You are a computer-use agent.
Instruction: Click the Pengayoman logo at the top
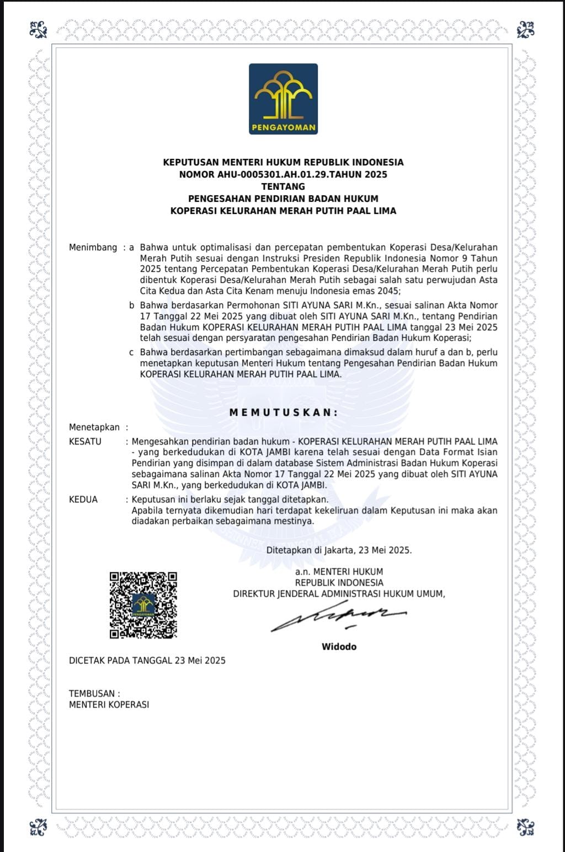283,99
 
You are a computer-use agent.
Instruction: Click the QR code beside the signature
143,605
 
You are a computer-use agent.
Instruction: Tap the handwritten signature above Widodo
338,619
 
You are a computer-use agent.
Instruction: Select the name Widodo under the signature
339,646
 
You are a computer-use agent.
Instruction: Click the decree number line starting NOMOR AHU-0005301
283,174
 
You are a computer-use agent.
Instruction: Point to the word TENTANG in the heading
283,186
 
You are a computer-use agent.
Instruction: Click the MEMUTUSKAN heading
283,412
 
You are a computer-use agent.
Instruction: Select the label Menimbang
93,248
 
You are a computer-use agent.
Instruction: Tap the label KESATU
85,441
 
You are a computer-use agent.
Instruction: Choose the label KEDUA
83,500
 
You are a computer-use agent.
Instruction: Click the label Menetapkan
94,427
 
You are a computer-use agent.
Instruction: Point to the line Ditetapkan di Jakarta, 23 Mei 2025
339,550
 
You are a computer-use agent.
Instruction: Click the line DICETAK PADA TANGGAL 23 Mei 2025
147,660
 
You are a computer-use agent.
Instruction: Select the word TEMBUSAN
92,693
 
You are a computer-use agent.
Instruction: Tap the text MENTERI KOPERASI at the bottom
109,704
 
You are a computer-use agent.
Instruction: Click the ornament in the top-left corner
39,29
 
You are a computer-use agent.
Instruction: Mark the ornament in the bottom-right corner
525,827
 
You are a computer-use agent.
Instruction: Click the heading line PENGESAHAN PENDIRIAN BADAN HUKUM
283,199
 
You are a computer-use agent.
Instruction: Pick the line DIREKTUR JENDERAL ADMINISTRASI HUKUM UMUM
338,594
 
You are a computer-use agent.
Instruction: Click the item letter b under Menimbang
132,306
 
